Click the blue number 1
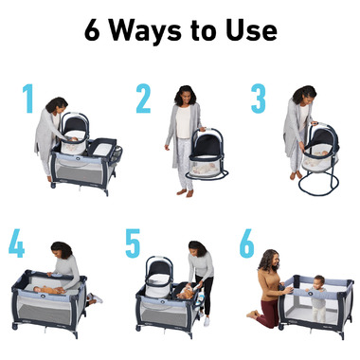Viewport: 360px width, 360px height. [x=28, y=99]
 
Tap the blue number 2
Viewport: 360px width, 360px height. [x=143, y=99]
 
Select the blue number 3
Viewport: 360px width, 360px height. [x=259, y=99]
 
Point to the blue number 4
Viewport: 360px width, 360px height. [x=16, y=243]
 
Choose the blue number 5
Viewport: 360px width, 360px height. [x=133, y=243]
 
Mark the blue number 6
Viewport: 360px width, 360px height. [x=246, y=243]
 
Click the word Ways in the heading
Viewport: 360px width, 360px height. [x=145, y=31]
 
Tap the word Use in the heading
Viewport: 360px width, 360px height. [x=251, y=30]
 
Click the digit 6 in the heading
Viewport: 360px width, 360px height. [x=92, y=30]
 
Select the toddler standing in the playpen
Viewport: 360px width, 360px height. [x=316, y=297]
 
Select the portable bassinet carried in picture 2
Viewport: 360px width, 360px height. [x=207, y=154]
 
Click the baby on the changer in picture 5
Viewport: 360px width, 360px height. [x=187, y=293]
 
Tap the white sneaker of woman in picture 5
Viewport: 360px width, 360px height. [x=207, y=321]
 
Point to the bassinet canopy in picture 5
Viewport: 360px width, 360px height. [x=159, y=266]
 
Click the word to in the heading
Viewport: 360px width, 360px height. [x=204, y=31]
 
